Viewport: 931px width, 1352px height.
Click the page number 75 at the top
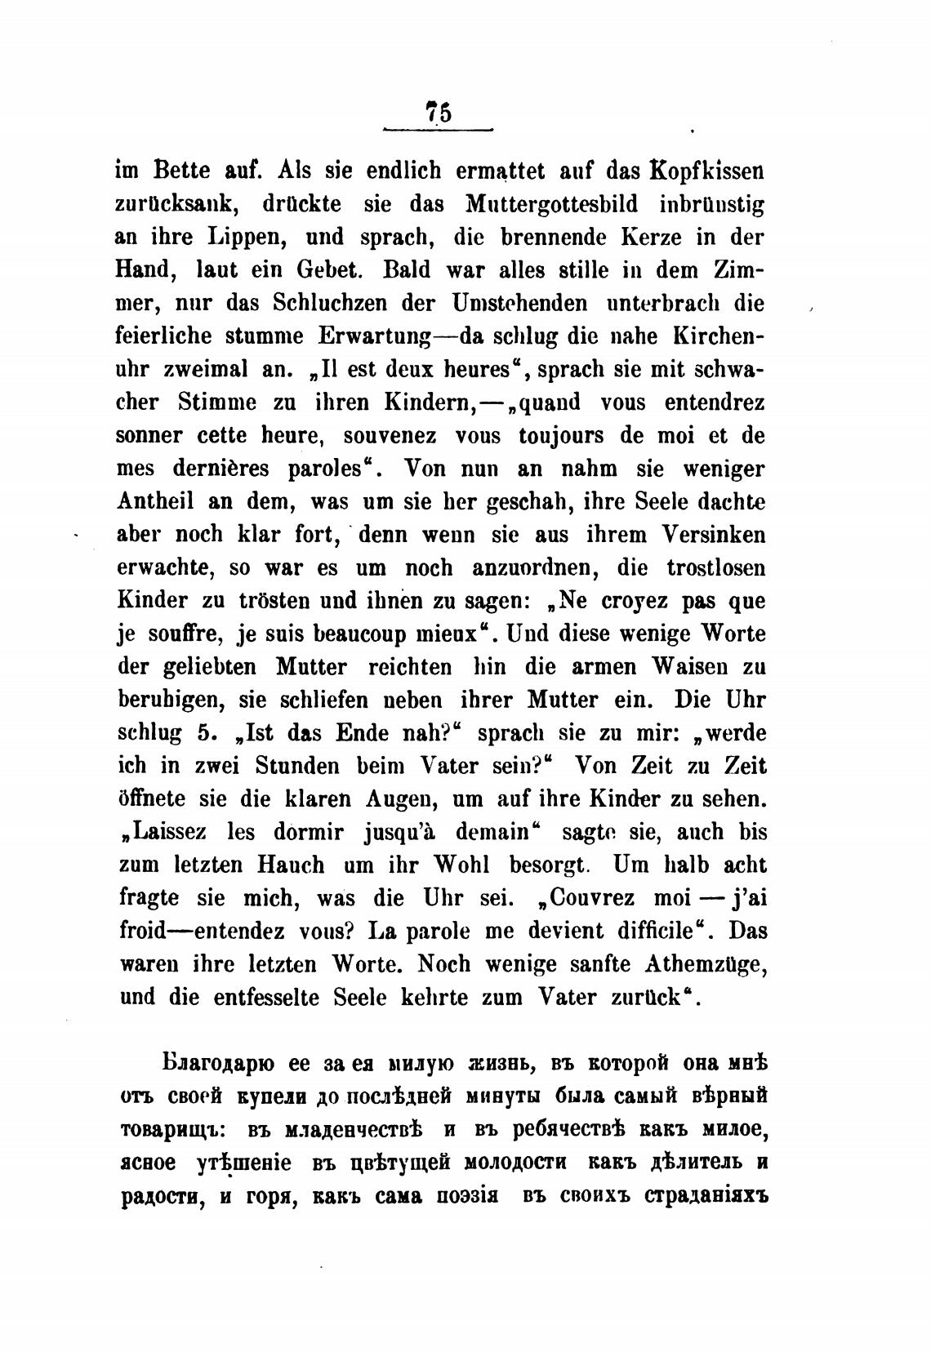pos(438,111)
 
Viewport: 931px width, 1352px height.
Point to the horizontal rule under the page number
pos(439,129)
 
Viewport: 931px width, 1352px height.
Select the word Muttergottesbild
pos(553,205)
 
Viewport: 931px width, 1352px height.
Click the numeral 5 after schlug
pos(204,732)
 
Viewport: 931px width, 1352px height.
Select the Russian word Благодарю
pos(216,1064)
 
